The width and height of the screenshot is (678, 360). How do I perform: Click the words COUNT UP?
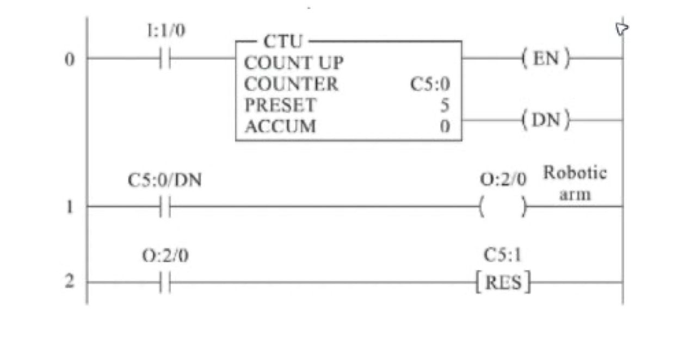pyautogui.click(x=294, y=63)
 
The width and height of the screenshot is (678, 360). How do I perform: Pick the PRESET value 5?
pyautogui.click(x=446, y=105)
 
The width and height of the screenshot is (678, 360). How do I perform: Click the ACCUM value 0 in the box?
pyautogui.click(x=446, y=126)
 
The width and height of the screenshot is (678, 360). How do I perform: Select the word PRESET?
pyautogui.click(x=280, y=105)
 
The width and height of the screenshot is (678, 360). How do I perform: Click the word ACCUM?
pyautogui.click(x=280, y=126)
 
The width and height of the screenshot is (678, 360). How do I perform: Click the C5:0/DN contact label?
pyautogui.click(x=165, y=180)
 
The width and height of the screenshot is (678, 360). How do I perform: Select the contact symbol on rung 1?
pyautogui.click(x=165, y=207)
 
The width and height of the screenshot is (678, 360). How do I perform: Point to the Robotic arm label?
pyautogui.click(x=575, y=183)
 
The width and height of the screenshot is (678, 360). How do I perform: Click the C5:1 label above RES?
pyautogui.click(x=502, y=255)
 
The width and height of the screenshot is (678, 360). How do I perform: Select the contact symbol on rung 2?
pyautogui.click(x=165, y=283)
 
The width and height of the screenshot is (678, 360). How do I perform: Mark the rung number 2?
pyautogui.click(x=69, y=282)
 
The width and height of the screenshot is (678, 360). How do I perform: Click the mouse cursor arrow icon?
pyautogui.click(x=621, y=28)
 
